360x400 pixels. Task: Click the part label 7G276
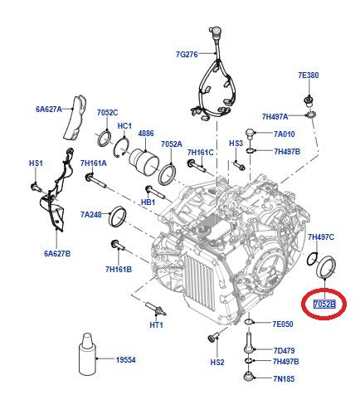(187, 55)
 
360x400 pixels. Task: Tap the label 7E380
(309, 75)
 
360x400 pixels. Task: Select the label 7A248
(93, 215)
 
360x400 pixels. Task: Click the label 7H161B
(120, 269)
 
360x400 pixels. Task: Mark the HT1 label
(156, 324)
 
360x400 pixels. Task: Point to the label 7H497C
(320, 237)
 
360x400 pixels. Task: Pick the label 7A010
(284, 134)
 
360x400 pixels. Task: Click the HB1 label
(149, 202)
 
